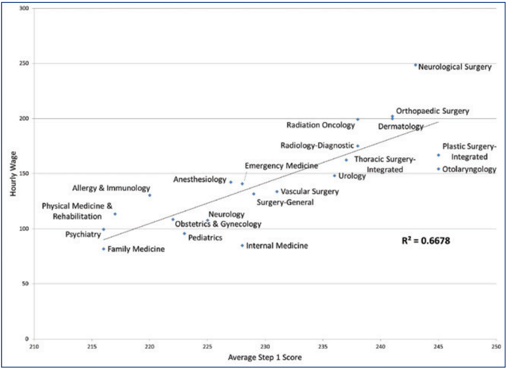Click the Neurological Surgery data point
415,65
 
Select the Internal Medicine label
277,246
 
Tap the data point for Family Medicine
104,249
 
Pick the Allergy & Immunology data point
149,195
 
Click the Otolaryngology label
469,169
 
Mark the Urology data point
334,176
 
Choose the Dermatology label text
401,127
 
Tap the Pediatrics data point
184,233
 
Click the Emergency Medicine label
281,166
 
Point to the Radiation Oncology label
321,125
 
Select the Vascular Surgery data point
277,191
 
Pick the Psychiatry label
83,235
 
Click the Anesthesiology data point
231,182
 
